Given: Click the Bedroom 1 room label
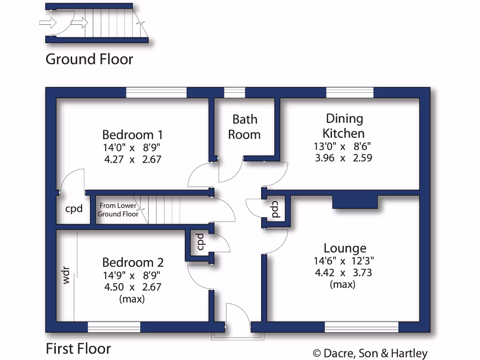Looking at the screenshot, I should [133, 135].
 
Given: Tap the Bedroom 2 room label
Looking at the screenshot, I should [133, 262].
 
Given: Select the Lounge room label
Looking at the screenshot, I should [345, 248].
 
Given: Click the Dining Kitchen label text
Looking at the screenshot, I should [345, 126].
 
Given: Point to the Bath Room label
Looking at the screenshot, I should [244, 127].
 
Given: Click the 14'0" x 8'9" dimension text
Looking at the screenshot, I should [133, 148].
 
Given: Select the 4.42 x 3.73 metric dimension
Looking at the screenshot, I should [344, 272].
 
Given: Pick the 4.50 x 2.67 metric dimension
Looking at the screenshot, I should [133, 287].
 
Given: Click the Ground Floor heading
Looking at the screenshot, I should [89, 60].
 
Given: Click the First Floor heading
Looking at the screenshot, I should [78, 349].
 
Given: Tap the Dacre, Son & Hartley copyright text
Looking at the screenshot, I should [370, 353].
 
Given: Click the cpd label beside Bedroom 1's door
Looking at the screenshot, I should [74, 209].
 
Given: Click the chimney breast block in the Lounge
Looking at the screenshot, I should [354, 202].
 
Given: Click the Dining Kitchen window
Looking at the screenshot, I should [350, 92].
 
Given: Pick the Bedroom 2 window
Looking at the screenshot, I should [114, 327].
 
